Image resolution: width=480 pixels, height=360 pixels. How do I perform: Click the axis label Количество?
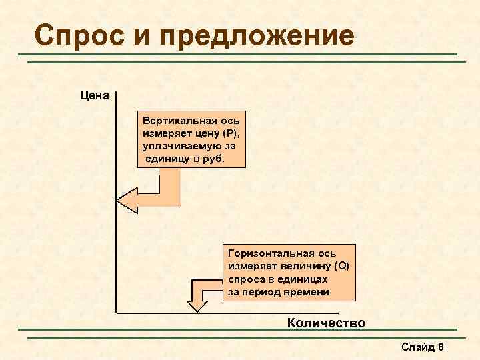click(326, 323)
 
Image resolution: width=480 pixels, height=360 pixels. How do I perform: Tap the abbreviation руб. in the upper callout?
click(216, 158)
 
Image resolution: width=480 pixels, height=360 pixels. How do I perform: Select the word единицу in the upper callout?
click(171, 158)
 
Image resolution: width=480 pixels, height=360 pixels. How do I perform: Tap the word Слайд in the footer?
click(417, 347)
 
